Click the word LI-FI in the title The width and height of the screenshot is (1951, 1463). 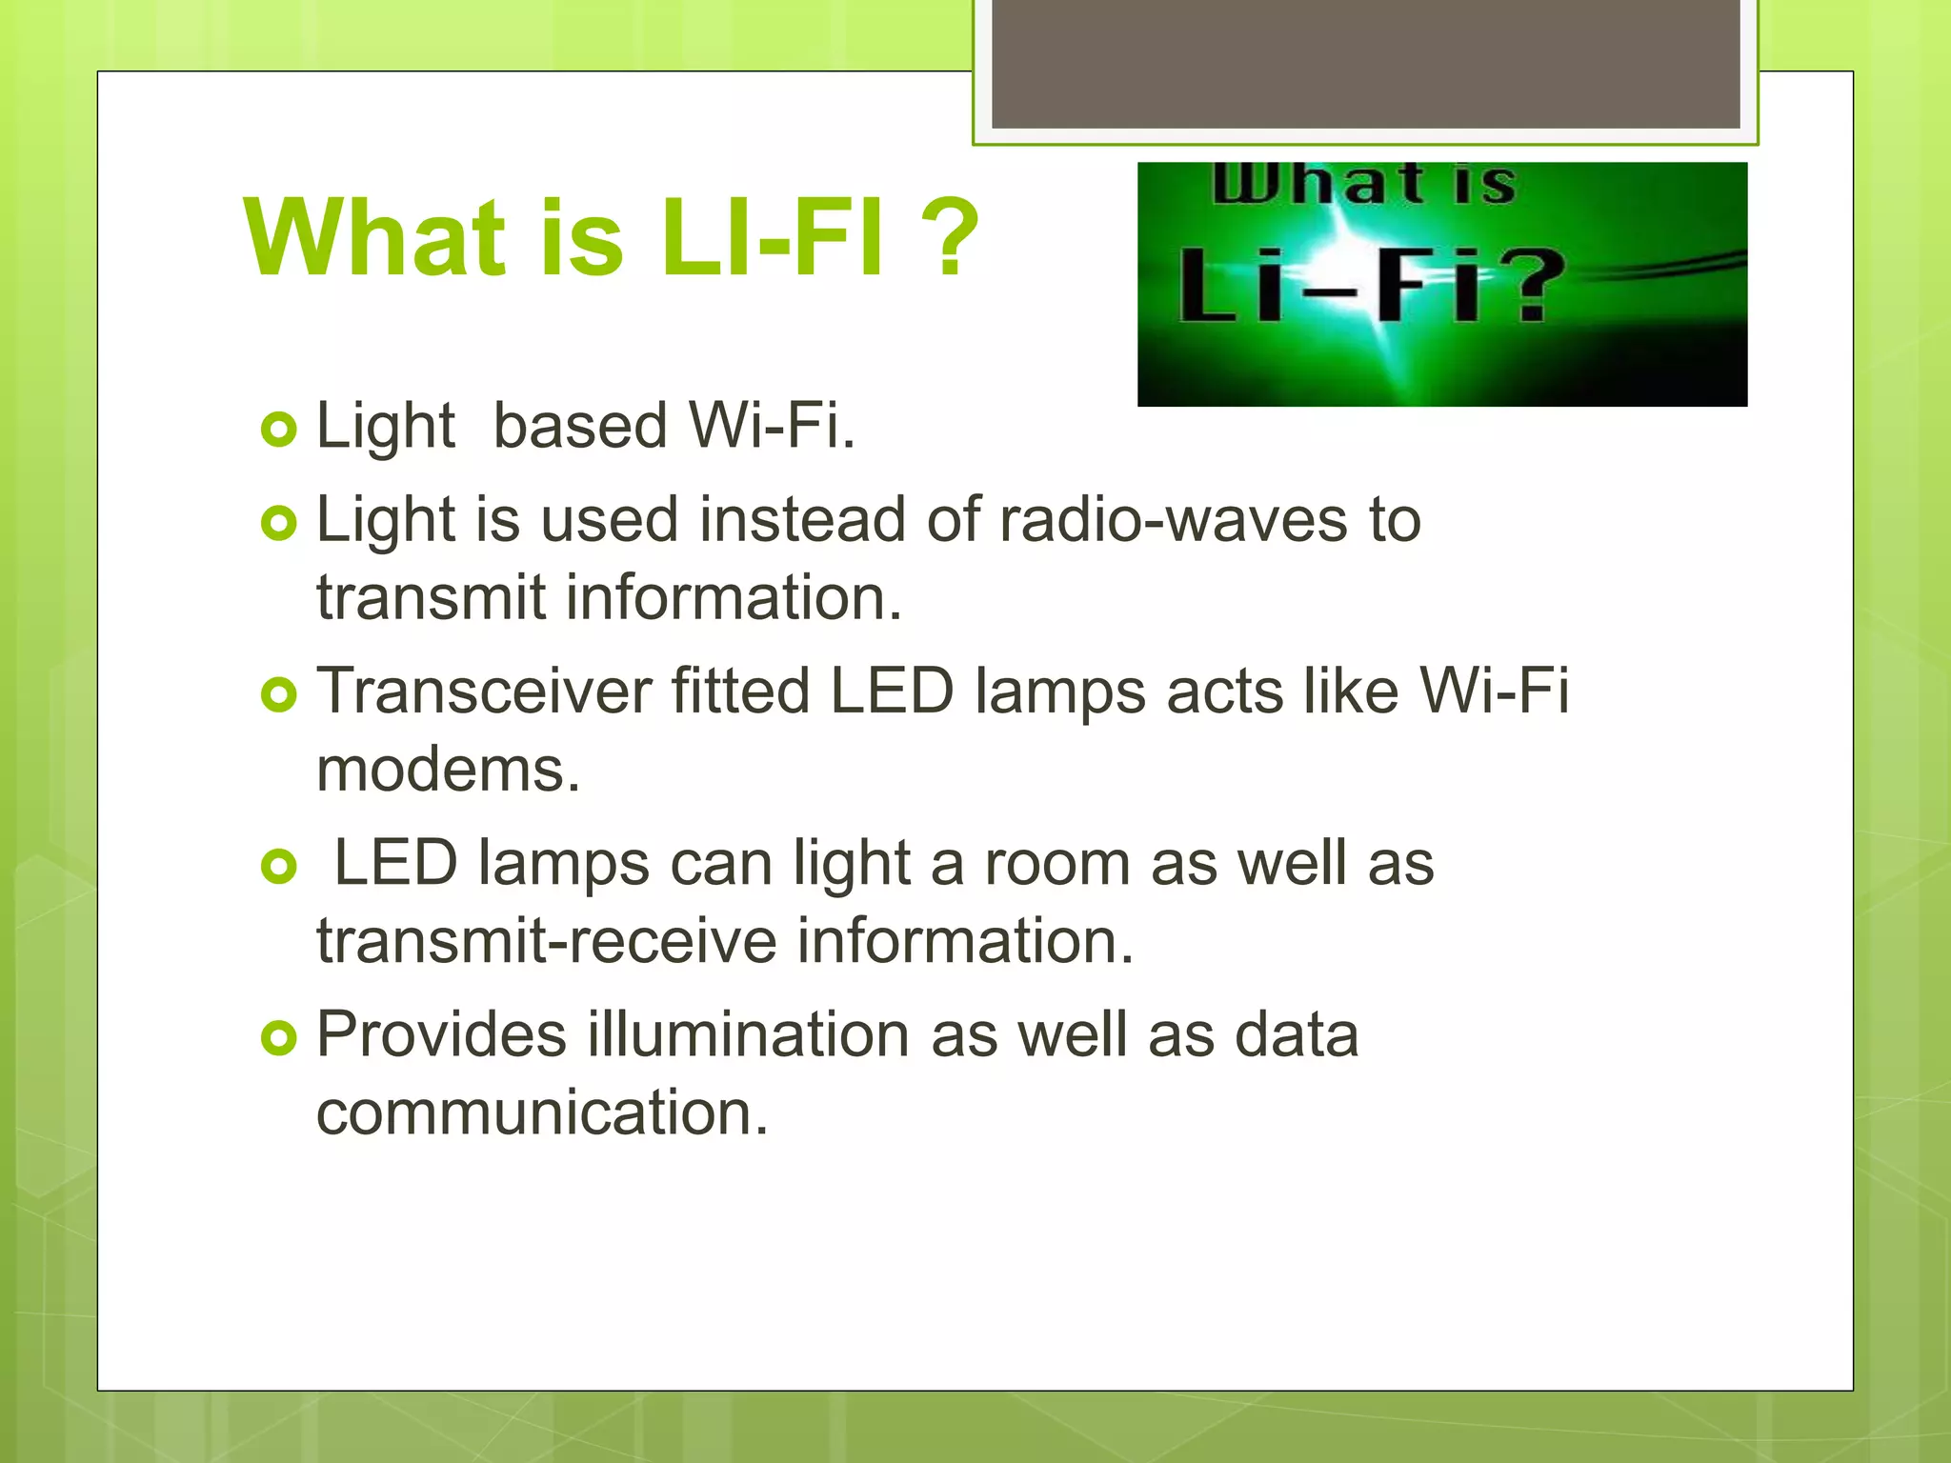[x=772, y=238]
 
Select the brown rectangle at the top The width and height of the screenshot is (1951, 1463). [x=1365, y=63]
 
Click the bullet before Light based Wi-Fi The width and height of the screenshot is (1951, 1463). [x=278, y=430]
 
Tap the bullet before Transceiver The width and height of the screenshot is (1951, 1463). [x=278, y=695]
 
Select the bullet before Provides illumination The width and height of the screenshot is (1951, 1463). [x=278, y=1038]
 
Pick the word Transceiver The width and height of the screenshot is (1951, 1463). [x=484, y=691]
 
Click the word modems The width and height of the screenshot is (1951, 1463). [x=448, y=770]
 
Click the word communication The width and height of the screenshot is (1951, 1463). [x=541, y=1112]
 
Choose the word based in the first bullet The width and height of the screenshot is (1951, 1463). [x=579, y=426]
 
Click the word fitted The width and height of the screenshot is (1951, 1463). [x=740, y=691]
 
